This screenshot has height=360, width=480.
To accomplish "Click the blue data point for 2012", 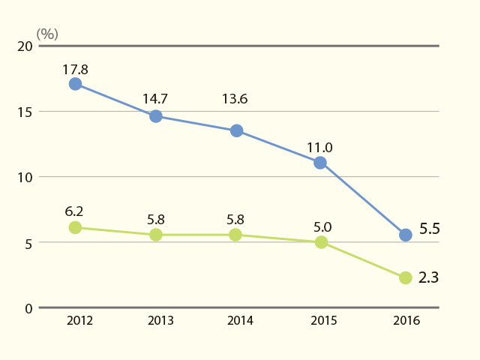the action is coord(75,84).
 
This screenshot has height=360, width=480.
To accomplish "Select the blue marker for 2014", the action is coord(237,130).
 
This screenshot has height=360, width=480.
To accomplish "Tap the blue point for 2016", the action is coord(406,235).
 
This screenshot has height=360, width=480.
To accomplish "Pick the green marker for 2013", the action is coord(156,235).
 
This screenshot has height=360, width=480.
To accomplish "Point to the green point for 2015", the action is coord(321,242).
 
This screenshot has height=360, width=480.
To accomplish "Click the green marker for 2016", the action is coord(406,277).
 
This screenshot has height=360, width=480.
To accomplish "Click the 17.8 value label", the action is coord(75,70).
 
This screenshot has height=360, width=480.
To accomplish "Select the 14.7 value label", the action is coord(155,99).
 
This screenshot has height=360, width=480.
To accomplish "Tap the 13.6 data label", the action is coord(235,99).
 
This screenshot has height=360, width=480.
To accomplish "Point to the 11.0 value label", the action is coord(319,148).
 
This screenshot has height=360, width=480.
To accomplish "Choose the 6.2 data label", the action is coord(74,211).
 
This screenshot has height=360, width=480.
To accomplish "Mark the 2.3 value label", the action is coord(428,277).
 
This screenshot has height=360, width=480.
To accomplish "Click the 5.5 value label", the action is coord(430,229).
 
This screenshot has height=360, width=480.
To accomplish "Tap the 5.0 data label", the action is coord(322,227).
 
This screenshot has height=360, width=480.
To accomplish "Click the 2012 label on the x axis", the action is coord(79,320).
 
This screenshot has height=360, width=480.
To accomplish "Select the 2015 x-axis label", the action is coord(324,320).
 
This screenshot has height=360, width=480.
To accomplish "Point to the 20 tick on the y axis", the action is coord(25,46).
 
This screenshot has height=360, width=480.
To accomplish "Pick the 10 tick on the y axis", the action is coord(25,178).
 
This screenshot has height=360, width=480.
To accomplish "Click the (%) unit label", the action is coord(47,34).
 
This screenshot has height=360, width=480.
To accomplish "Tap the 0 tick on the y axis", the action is coord(28,308).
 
